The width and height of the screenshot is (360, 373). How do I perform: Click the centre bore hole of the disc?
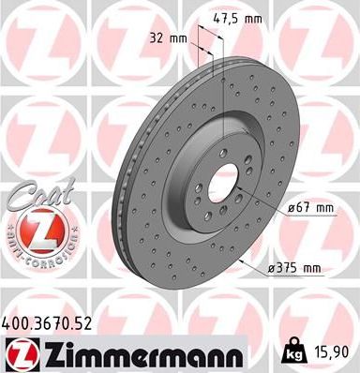pyautogui.click(x=221, y=182)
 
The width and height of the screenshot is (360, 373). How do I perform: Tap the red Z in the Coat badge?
pyautogui.click(x=36, y=229)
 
